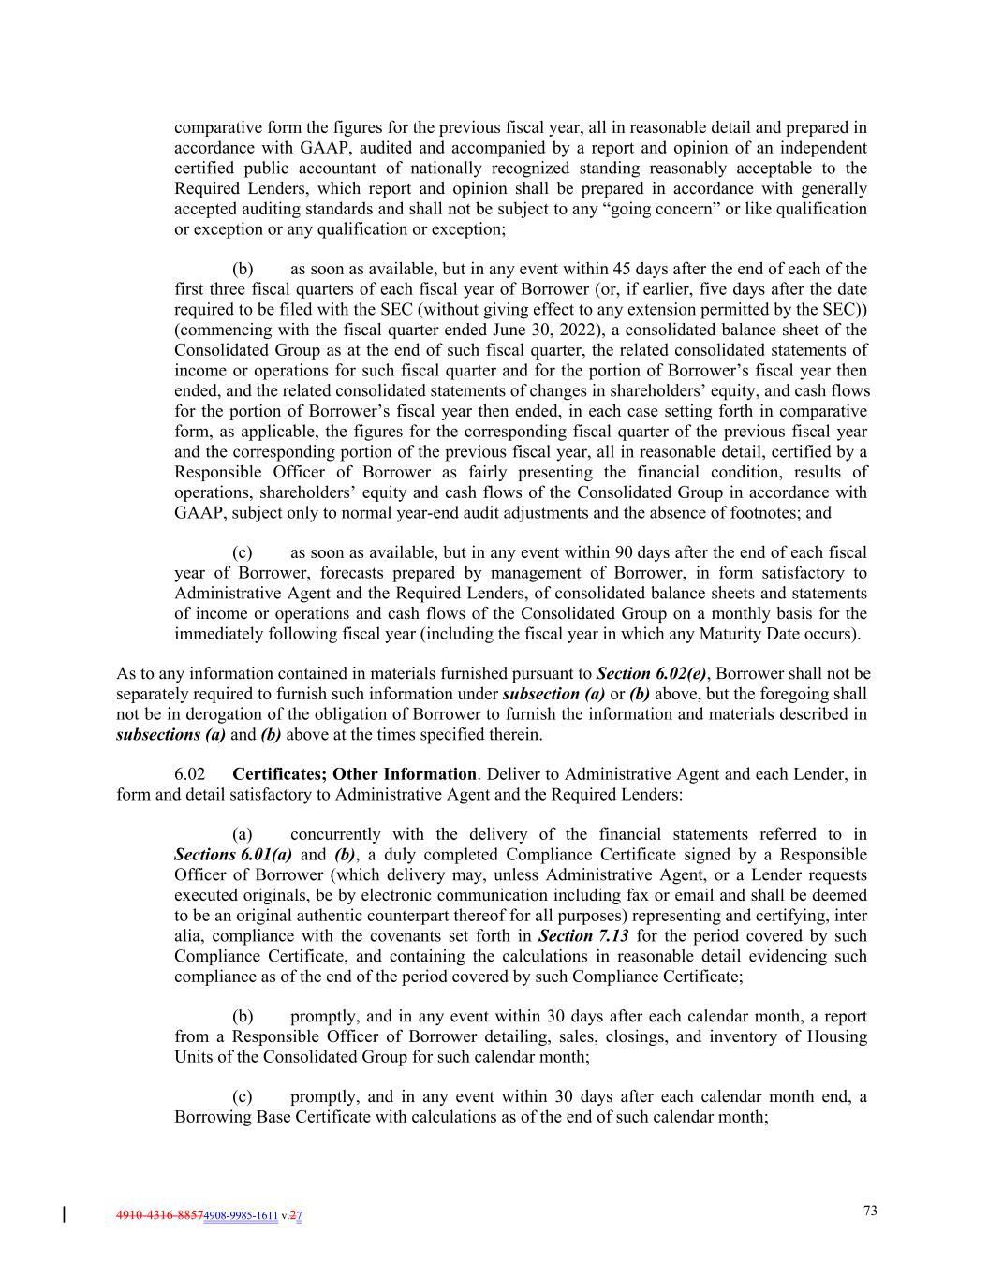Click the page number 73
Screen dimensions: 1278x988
click(x=870, y=1211)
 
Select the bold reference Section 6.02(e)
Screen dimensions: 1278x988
click(x=651, y=673)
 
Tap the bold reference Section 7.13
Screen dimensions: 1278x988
click(x=583, y=935)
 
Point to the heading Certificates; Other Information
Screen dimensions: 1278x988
click(x=354, y=774)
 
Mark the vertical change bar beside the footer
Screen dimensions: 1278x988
click(x=64, y=1215)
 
